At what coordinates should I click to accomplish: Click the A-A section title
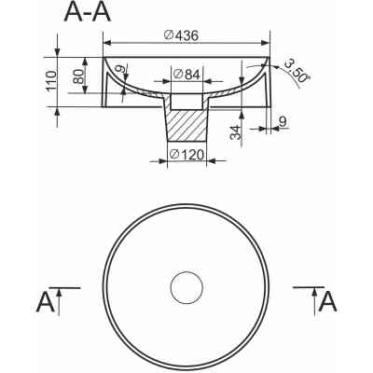pyautogui.click(x=88, y=13)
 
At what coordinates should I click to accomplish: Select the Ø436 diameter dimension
pyautogui.click(x=181, y=35)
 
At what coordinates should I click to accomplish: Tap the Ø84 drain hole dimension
pyautogui.click(x=187, y=75)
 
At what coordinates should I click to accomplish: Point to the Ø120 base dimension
pyautogui.click(x=186, y=155)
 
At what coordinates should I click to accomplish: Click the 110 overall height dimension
pyautogui.click(x=51, y=81)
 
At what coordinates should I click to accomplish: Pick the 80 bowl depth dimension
pyautogui.click(x=78, y=76)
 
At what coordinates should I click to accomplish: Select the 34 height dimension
pyautogui.click(x=236, y=132)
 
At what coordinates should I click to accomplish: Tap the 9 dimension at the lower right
pyautogui.click(x=283, y=121)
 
